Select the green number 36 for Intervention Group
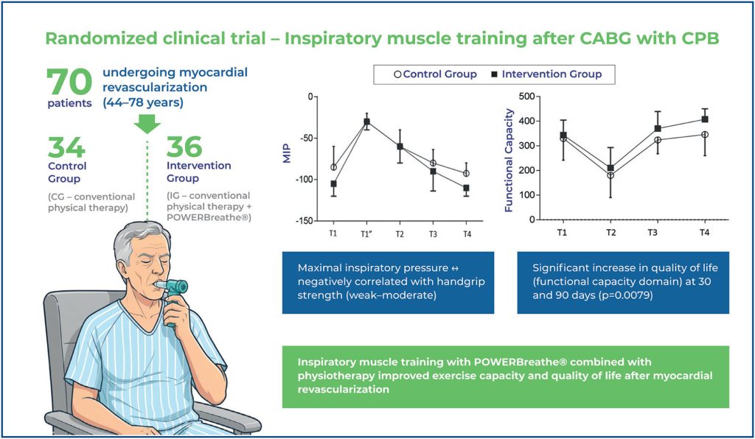(x=184, y=148)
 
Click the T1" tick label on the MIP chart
(x=366, y=234)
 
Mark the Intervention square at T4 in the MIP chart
(x=466, y=188)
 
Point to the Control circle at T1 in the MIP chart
(x=333, y=167)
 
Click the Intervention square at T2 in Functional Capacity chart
(x=610, y=168)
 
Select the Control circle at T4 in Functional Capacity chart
(x=704, y=134)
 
